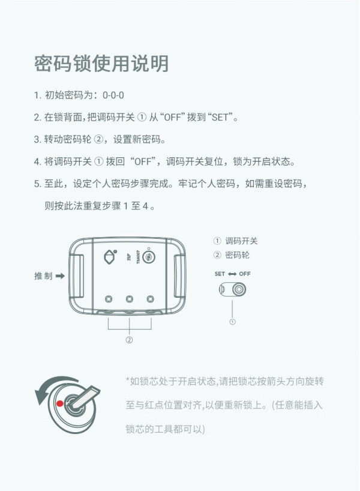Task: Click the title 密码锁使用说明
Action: click(101, 63)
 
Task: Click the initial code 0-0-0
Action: click(113, 95)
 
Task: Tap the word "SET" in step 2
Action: click(220, 117)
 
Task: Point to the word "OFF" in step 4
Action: click(143, 161)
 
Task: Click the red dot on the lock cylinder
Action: click(60, 403)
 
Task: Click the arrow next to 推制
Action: click(60, 276)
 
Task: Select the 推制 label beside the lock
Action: click(43, 276)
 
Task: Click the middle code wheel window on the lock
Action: click(129, 299)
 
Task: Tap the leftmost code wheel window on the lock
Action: click(109, 299)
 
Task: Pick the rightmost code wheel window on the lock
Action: click(150, 299)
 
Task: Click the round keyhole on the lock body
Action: click(149, 257)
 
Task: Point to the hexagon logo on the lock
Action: click(110, 257)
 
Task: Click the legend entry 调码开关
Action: click(241, 241)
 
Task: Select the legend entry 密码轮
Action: click(237, 255)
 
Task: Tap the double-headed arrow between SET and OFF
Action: click(232, 274)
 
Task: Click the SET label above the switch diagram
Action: click(220, 274)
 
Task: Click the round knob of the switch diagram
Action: click(239, 289)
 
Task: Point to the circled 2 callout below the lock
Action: click(129, 340)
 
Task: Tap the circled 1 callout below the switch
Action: click(232, 322)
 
